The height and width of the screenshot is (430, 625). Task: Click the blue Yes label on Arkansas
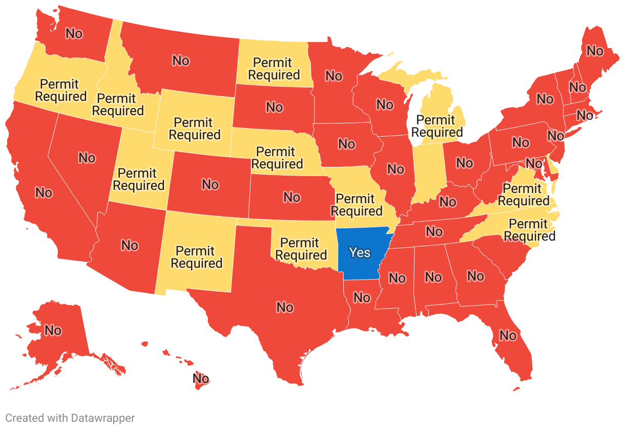pos(359,252)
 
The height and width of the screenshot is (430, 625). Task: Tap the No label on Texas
pos(285,307)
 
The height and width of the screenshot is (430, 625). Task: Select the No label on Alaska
pos(53,330)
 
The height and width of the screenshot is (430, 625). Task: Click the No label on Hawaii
pos(201,378)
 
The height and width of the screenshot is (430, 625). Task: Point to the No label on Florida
pos(508,335)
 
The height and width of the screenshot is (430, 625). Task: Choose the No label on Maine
pos(595,51)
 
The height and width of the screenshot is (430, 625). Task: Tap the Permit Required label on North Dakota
pos(274,69)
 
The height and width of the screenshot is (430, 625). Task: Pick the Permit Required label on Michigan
pos(436,126)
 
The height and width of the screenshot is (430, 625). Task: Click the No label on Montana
pos(180,60)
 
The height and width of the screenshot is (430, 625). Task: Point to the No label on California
pos(44,192)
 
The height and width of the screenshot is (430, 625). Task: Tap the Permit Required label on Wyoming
pos(194,128)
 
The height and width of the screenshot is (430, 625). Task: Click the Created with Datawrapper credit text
pos(70,418)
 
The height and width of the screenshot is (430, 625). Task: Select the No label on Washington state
pos(74,33)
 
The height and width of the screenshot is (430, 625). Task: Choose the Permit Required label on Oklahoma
pos(301,249)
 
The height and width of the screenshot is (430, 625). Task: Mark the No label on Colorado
pos(210,184)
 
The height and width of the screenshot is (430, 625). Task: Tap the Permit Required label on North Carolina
pos(529,230)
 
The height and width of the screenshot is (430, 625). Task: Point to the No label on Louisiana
pos(361,297)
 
